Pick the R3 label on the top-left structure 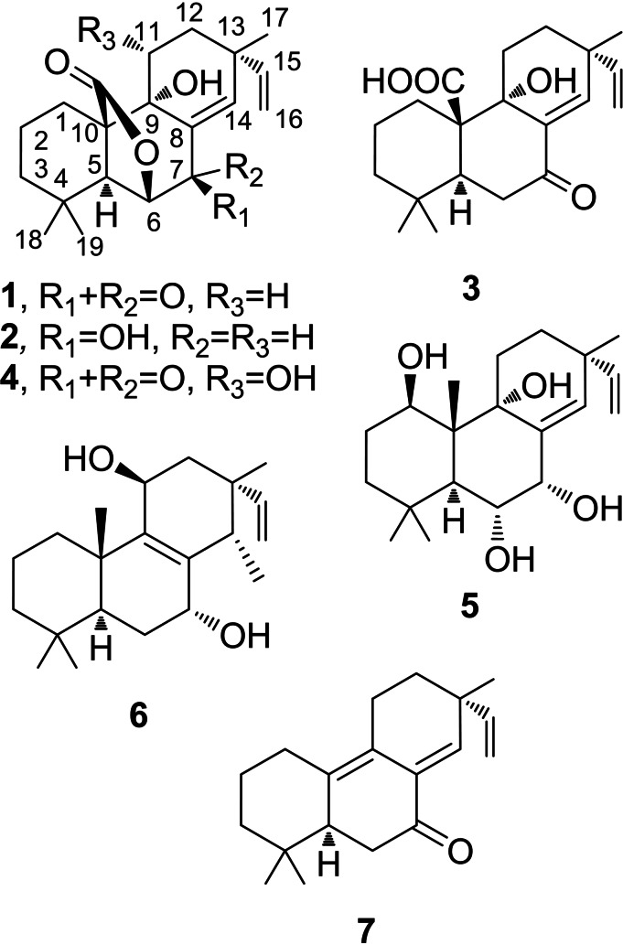click(101, 39)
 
